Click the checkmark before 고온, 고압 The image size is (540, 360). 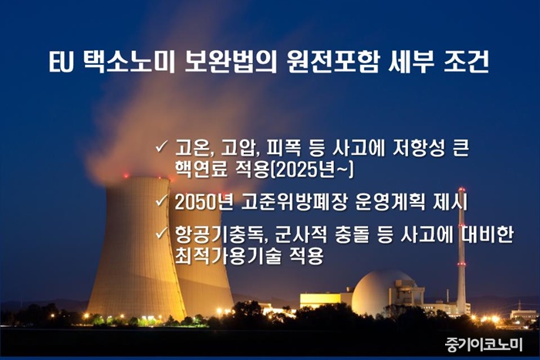[x=161, y=146]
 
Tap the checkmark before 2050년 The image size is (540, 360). [x=161, y=200]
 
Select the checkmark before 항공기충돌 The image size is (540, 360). [x=161, y=233]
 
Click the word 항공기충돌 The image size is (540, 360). [x=221, y=234]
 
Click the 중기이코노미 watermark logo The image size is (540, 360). [x=484, y=344]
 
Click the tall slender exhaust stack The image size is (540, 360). [x=461, y=251]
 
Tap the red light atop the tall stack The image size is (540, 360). [x=461, y=190]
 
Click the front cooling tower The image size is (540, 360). [x=136, y=247]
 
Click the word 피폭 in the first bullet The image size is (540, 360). [x=282, y=148]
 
